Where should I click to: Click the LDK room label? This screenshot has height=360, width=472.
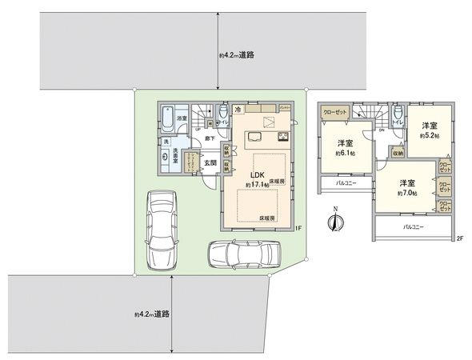(258, 174)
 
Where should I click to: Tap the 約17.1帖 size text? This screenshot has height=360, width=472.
(258, 185)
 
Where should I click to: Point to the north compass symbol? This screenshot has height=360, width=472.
(336, 222)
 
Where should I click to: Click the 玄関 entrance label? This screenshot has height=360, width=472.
(208, 163)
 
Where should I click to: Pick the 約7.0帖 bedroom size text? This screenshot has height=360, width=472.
(407, 193)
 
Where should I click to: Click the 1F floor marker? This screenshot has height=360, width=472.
(298, 229)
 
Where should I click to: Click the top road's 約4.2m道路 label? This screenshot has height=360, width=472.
(237, 55)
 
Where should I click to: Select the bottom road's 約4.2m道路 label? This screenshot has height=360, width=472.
(152, 314)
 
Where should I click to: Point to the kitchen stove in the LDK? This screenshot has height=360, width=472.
(283, 137)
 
